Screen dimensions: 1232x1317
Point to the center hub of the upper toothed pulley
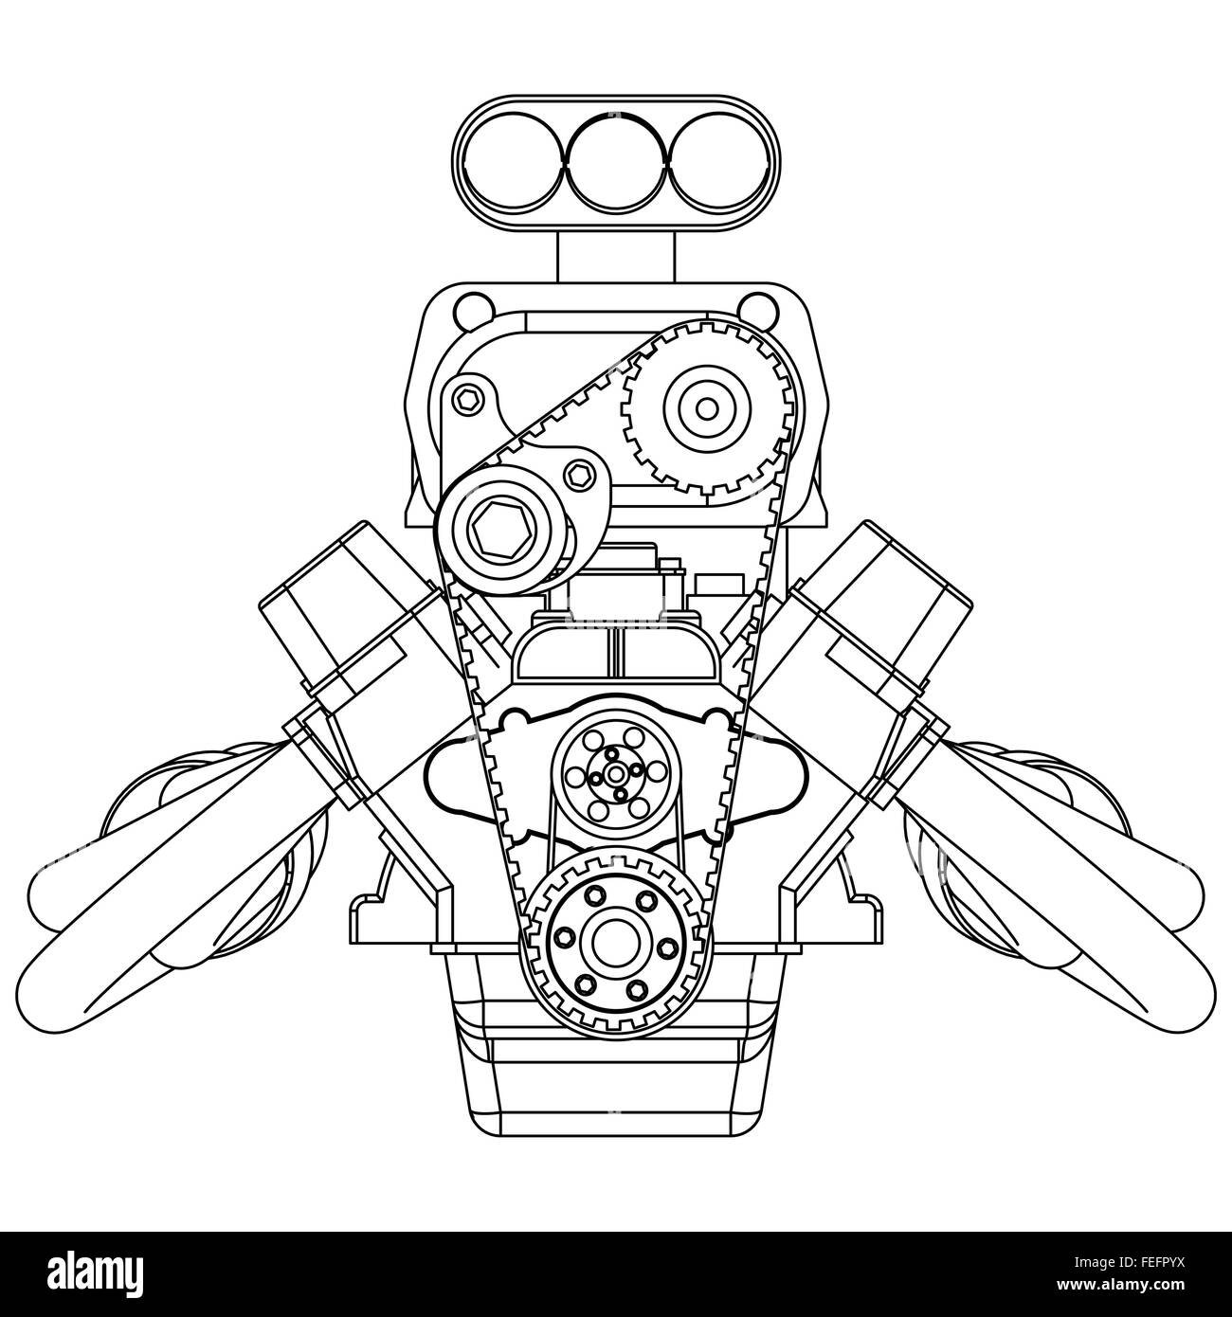[x=706, y=408]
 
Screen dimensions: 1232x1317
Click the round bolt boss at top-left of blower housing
[x=470, y=308]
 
